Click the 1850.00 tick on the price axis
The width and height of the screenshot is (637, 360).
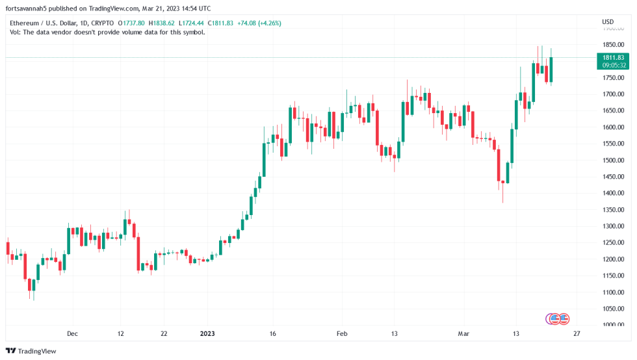[614, 44]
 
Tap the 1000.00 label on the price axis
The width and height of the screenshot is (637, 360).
[614, 325]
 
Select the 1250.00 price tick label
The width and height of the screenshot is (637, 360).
[614, 242]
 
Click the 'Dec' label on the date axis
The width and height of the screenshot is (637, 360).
[72, 333]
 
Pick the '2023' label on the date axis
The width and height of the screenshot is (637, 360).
[207, 333]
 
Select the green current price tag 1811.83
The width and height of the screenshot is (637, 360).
[614, 58]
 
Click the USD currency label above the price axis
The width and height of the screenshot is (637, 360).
[608, 22]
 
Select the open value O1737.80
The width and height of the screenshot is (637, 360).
[131, 23]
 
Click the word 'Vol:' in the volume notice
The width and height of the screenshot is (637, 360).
[16, 32]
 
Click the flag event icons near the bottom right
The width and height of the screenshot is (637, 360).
[558, 318]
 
